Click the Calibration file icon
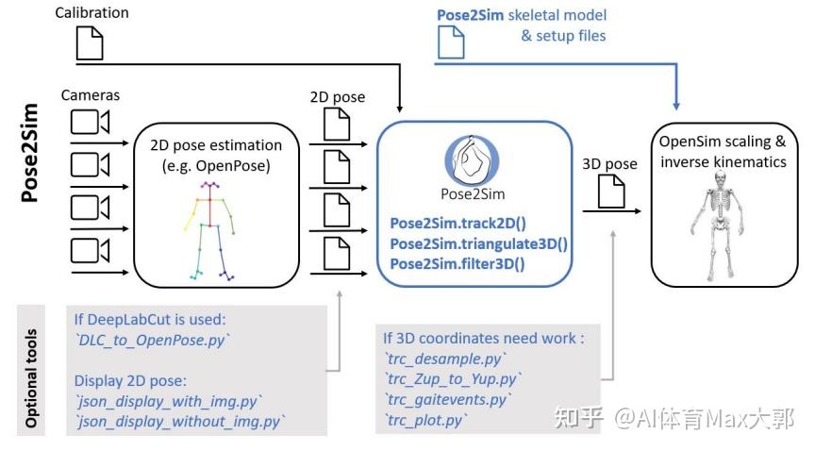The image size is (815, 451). (x=89, y=42)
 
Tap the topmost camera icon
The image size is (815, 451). (x=90, y=123)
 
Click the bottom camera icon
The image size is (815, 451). (x=90, y=250)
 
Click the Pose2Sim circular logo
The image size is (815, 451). (x=475, y=161)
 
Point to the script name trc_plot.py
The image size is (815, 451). (x=424, y=420)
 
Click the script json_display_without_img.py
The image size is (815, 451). (x=179, y=420)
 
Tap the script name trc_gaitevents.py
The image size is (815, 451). (x=447, y=400)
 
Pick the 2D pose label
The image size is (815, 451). (x=337, y=97)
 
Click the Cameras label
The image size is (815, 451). (x=91, y=95)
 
